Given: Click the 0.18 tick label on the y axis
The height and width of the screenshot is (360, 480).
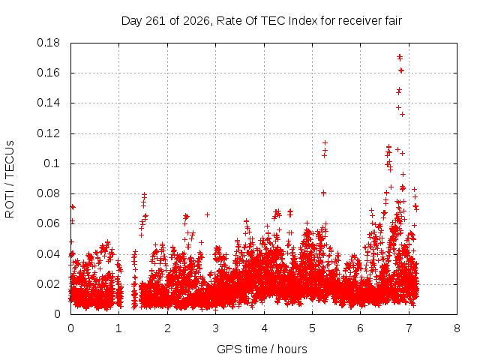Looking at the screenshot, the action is [x=48, y=43].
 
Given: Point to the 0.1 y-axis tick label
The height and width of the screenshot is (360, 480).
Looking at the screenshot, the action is [x=52, y=163].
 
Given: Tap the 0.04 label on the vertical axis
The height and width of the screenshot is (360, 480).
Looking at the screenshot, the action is [x=48, y=254].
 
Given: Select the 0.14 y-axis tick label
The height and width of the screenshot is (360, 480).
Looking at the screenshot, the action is [x=48, y=103].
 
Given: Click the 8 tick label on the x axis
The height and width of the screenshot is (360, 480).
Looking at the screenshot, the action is [x=457, y=328].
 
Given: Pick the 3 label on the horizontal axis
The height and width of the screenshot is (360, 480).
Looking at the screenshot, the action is [x=215, y=328].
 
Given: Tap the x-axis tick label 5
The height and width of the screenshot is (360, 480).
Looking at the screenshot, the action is [x=312, y=328].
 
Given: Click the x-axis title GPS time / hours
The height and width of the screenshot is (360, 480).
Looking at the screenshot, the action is [x=262, y=349].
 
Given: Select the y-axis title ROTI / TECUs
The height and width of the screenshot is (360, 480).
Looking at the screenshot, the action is [x=10, y=179].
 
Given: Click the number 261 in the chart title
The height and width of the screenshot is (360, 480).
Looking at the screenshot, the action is [x=156, y=21].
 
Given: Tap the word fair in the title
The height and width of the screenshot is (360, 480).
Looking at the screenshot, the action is [x=394, y=21].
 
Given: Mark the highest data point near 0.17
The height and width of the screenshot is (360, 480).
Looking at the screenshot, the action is [x=400, y=56].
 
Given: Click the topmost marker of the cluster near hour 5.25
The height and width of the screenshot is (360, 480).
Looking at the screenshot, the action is [x=325, y=143].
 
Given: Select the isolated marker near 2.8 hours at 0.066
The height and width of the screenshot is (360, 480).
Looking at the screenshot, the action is [x=207, y=215].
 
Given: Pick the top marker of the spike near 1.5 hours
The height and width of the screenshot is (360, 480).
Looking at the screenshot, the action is [x=144, y=194].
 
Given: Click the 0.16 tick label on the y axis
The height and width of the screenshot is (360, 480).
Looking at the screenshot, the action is [x=48, y=73].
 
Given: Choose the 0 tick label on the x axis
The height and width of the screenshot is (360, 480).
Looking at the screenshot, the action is [x=70, y=328].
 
